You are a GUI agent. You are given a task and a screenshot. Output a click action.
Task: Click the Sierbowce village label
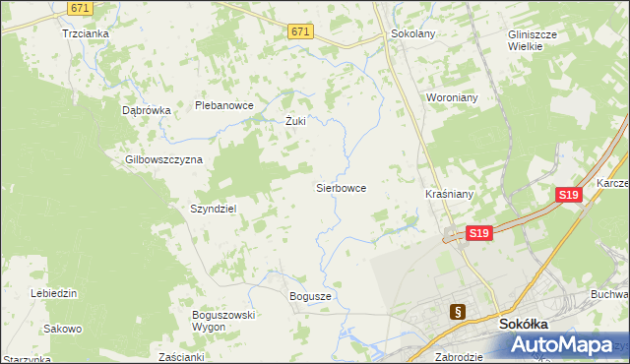point(341,187)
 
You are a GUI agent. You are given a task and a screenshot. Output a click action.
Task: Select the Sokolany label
point(412,32)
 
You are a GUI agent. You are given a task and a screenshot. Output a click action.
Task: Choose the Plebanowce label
point(224,105)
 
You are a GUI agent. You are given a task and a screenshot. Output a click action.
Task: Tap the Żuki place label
point(295,122)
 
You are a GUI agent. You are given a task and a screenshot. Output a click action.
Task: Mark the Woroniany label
point(452,98)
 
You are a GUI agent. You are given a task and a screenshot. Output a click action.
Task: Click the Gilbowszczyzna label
point(163,159)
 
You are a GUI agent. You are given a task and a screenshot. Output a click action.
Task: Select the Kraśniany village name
point(450,195)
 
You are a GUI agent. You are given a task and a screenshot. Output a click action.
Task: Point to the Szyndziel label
point(214,209)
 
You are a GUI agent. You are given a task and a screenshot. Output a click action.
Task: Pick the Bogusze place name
point(311,296)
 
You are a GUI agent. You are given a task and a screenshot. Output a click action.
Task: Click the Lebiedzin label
point(54,293)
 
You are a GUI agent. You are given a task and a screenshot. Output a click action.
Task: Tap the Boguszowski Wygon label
point(224,320)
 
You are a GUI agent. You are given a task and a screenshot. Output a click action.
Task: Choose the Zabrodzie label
point(458,357)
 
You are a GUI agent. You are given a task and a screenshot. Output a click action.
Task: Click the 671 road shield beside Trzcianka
point(81,8)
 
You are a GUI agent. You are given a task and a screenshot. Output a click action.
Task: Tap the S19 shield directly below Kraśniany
point(478,233)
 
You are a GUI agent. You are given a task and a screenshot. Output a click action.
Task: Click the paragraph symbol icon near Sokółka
point(457,312)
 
